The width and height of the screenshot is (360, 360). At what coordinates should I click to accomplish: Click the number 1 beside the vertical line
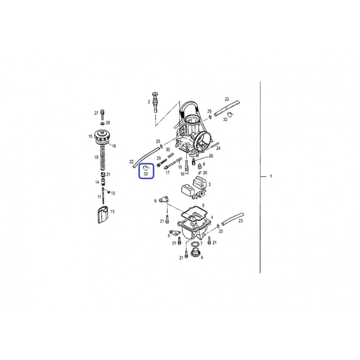[271, 176]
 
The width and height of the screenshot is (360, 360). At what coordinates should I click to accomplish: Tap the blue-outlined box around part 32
[146, 171]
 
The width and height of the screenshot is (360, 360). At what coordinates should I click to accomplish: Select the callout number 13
[112, 211]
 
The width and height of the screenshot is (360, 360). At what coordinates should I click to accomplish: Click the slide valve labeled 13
[103, 215]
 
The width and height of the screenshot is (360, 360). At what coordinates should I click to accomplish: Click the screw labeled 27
[102, 115]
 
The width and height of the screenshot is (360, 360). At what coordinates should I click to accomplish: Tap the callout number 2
[149, 102]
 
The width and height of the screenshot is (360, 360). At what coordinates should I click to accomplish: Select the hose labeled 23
[232, 219]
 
